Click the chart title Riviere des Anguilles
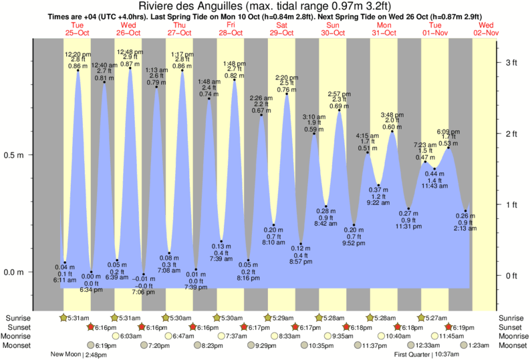click(265, 7)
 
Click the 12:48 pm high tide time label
click(130, 51)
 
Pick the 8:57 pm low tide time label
click(301, 262)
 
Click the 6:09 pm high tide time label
click(448, 132)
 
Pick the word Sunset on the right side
click(510, 327)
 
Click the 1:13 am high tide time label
click(156, 70)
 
